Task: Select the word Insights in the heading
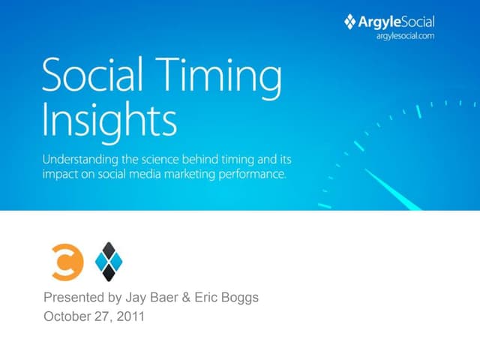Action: click(110, 120)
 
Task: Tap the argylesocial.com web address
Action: click(406, 35)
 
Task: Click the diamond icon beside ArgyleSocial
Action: click(349, 22)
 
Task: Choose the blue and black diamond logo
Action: click(109, 261)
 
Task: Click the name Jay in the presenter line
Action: click(136, 297)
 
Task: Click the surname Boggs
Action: click(241, 297)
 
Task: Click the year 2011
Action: click(130, 316)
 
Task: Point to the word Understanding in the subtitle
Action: click(80, 160)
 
